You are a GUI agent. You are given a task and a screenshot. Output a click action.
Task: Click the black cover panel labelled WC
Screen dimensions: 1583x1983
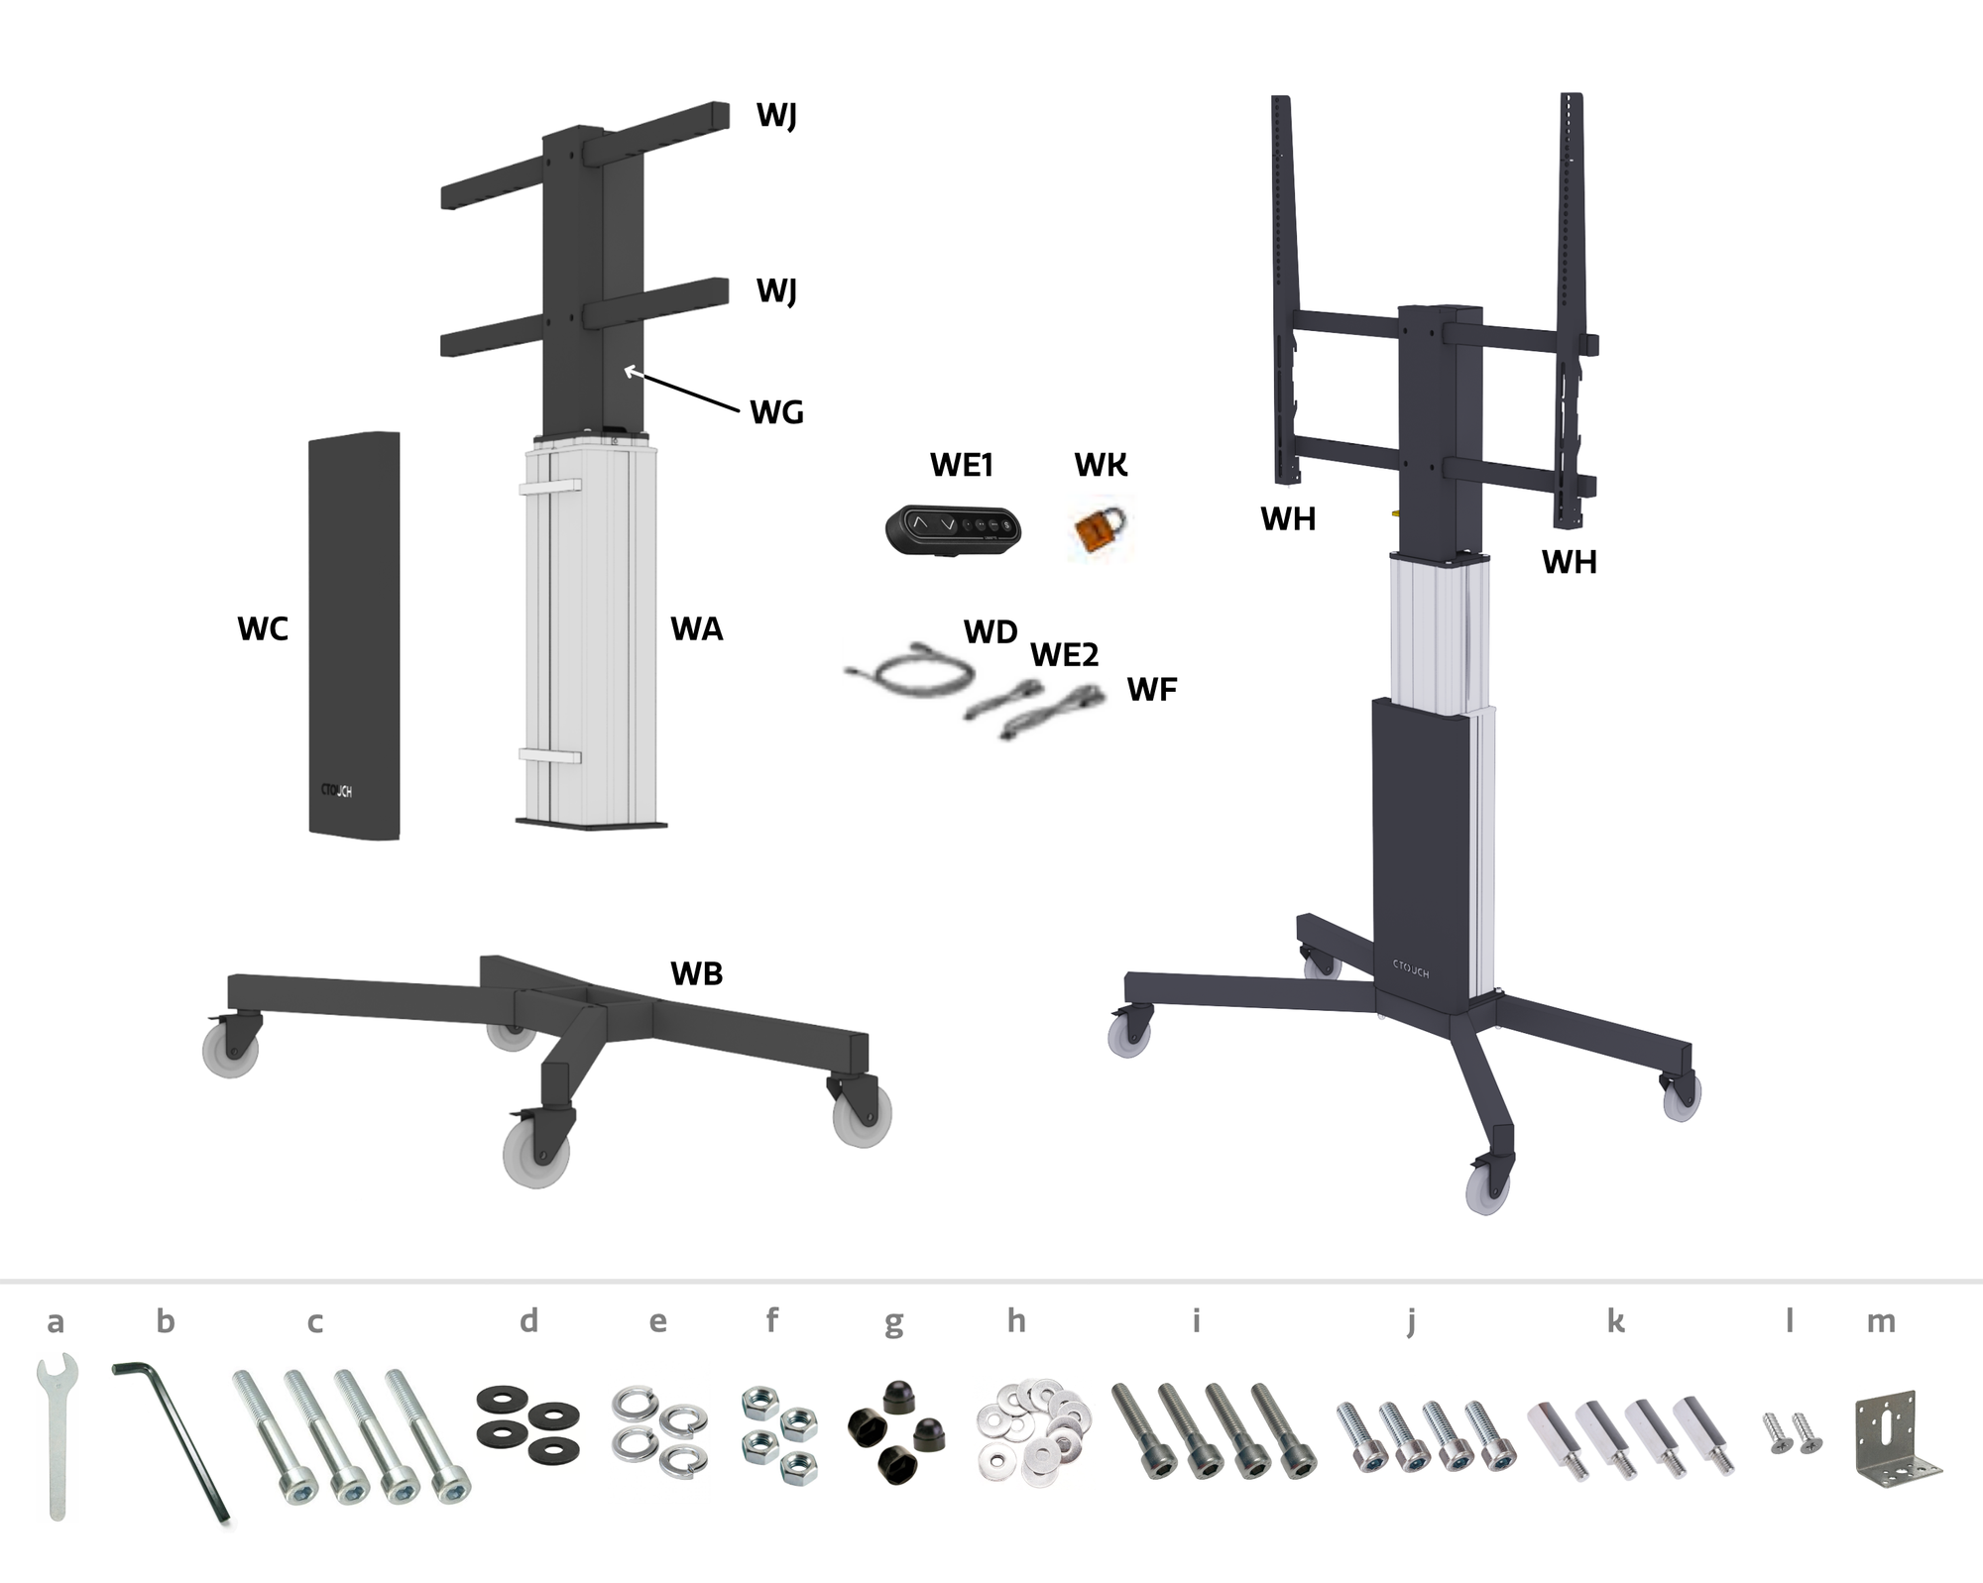[x=354, y=635]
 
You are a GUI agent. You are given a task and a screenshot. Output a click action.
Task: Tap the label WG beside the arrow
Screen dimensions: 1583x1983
[x=776, y=411]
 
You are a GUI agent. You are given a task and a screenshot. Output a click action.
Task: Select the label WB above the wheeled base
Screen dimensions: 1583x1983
[x=696, y=973]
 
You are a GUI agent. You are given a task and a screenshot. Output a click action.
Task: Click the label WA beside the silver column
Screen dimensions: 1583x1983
[x=696, y=628]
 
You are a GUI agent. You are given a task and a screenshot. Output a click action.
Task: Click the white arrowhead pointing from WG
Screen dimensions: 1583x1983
[x=629, y=372]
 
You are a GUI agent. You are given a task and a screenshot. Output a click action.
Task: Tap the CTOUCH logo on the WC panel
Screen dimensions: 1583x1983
[x=336, y=791]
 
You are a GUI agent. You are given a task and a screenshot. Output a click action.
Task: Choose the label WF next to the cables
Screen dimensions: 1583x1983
[x=1151, y=689]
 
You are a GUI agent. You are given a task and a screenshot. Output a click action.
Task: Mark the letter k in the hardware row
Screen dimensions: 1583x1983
[x=1615, y=1321]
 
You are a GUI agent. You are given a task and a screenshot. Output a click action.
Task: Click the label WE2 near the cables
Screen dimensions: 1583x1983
[x=1064, y=654]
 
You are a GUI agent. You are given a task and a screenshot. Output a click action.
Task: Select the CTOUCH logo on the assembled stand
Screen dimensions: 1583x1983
[x=1411, y=967]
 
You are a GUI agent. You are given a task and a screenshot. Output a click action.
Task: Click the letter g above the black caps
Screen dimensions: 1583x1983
[x=893, y=1322]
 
